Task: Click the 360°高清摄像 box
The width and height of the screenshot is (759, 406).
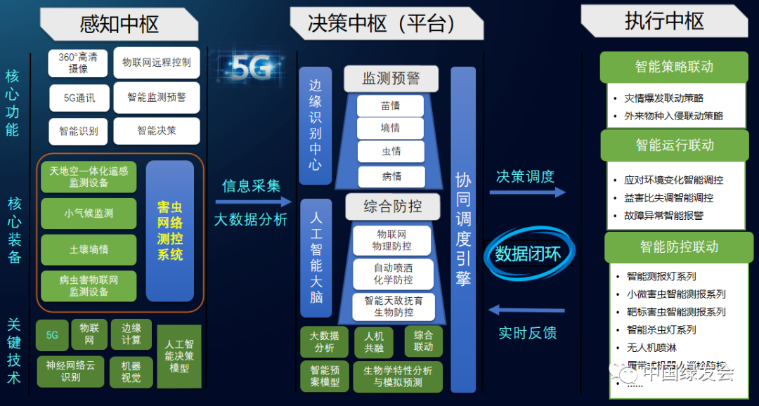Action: pyautogui.click(x=78, y=63)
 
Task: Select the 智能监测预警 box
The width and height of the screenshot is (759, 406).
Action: pyautogui.click(x=157, y=98)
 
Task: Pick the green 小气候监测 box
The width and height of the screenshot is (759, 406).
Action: pyautogui.click(x=89, y=213)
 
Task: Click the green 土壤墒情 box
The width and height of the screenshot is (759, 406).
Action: pyautogui.click(x=89, y=249)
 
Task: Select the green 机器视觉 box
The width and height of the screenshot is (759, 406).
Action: pyautogui.click(x=131, y=372)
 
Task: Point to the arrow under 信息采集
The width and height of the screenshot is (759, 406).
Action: pyautogui.click(x=250, y=202)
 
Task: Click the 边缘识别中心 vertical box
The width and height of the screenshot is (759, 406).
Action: pyautogui.click(x=316, y=126)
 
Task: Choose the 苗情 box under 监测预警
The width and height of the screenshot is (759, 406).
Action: pyautogui.click(x=390, y=106)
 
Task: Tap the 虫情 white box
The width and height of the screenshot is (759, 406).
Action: pyautogui.click(x=390, y=151)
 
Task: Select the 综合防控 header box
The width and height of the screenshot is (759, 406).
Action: pyautogui.click(x=392, y=207)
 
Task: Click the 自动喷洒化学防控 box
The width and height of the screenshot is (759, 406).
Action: pyautogui.click(x=393, y=274)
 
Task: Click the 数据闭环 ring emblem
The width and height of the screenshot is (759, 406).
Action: pyautogui.click(x=528, y=254)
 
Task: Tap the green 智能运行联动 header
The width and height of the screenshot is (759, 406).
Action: pyautogui.click(x=674, y=145)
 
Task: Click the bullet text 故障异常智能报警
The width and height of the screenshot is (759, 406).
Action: pyautogui.click(x=663, y=216)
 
